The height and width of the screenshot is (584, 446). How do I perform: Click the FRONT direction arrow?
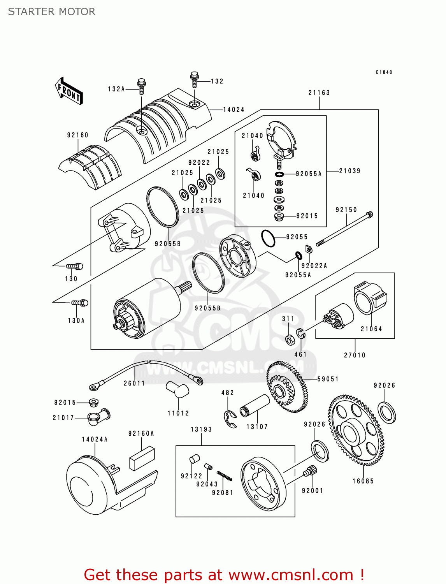point(69,91)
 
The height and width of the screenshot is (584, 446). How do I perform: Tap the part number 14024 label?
point(234,110)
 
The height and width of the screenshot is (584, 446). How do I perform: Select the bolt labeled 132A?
point(142,86)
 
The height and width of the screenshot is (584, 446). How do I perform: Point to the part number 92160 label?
point(78,135)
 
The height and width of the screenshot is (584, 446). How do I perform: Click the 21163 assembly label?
point(319,93)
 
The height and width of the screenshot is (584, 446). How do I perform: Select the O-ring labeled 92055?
point(268,238)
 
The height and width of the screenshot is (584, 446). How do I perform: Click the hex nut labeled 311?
point(290,339)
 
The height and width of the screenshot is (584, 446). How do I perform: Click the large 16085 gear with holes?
point(356,430)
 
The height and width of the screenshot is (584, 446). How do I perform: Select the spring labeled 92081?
point(225,476)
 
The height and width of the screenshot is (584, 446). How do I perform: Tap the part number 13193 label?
point(201,429)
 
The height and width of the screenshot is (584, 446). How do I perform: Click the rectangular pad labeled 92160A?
point(142,459)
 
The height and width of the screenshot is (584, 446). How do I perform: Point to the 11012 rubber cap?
point(177,390)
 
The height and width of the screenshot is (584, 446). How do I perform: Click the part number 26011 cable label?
point(134,383)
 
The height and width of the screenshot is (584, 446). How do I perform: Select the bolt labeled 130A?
point(80,303)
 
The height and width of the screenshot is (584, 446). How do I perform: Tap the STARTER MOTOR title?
point(52,12)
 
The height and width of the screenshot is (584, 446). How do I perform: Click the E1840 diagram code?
point(384,72)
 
